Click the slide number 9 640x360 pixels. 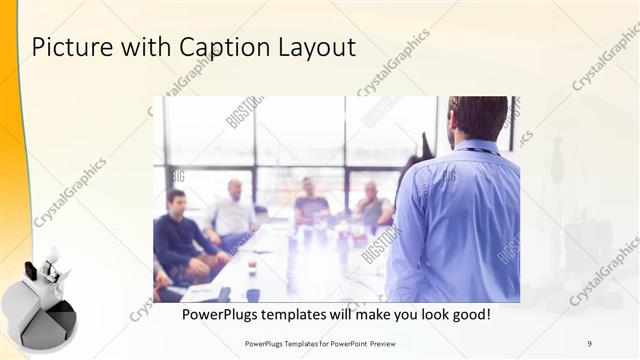pyautogui.click(x=590, y=343)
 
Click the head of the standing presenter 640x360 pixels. pyautogui.click(x=475, y=118)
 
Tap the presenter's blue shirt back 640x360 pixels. pyautogui.click(x=460, y=220)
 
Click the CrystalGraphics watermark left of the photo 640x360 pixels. pyautogui.click(x=70, y=192)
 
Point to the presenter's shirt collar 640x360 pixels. pyautogui.click(x=478, y=146)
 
